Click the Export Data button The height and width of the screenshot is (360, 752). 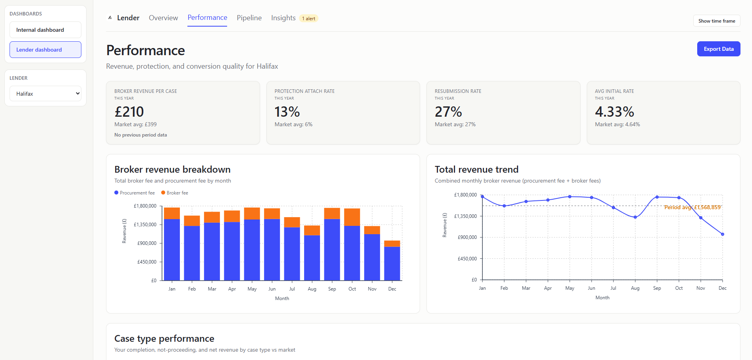pos(718,49)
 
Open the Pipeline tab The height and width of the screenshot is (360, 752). pos(249,18)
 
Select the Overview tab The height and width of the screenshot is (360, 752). pos(163,18)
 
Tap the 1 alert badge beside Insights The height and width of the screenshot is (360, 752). pos(309,19)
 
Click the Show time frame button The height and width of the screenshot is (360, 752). pos(716,21)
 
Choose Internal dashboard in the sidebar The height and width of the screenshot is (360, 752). pos(45,30)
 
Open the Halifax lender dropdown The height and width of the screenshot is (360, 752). pos(45,94)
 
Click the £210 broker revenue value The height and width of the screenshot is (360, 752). pos(129,112)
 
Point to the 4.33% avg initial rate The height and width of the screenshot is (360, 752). pos(614,112)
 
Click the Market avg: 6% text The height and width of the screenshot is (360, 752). pos(293,125)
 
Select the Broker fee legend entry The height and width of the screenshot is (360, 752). pos(175,193)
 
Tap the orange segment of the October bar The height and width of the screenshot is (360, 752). pos(352,217)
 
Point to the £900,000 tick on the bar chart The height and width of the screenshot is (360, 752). pos(147,243)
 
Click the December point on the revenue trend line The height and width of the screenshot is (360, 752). pos(722,234)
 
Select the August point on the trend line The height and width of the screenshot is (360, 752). pos(635,217)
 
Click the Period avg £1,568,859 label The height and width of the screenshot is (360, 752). pos(692,207)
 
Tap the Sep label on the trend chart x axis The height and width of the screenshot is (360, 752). pos(657,288)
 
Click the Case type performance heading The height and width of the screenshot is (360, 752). pos(164,339)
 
